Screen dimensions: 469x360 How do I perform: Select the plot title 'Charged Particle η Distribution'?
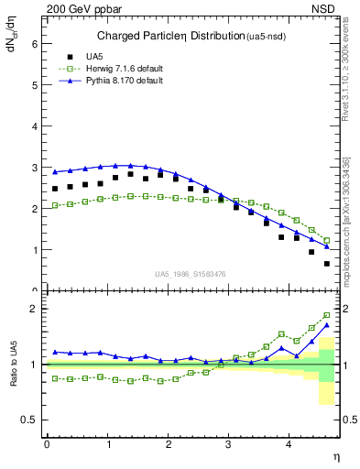point(171,37)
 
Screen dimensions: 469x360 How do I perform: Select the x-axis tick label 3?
point(229,445)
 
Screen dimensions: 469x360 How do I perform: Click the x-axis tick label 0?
point(47,445)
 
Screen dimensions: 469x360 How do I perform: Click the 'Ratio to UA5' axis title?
point(14,377)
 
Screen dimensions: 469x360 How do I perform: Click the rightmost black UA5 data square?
point(327,264)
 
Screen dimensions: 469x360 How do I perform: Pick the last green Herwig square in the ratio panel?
point(327,315)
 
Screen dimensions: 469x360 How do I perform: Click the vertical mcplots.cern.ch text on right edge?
point(352,238)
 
